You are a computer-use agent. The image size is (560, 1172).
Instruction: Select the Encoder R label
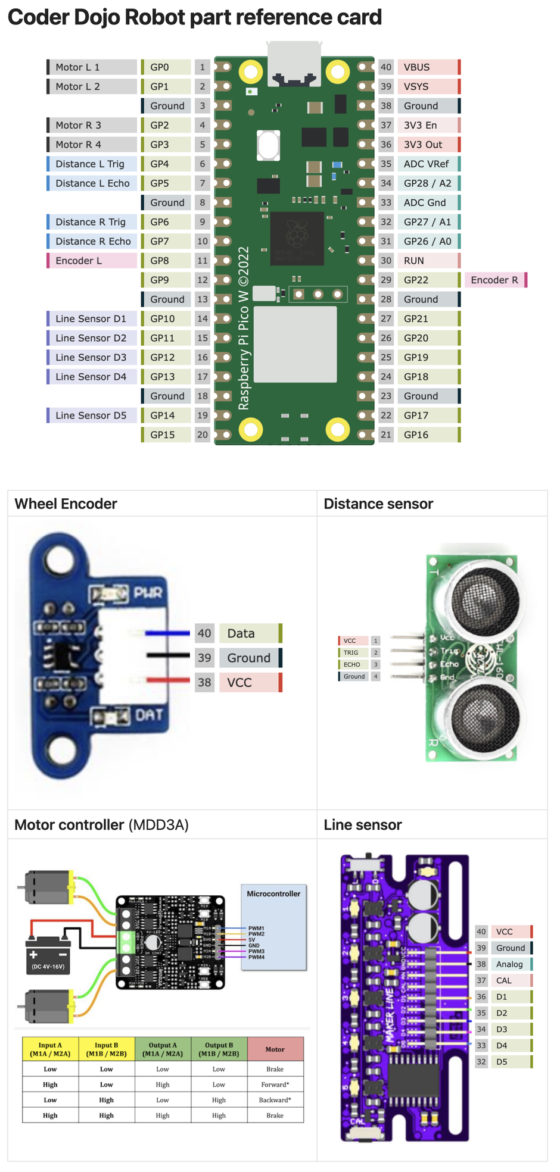point(495,280)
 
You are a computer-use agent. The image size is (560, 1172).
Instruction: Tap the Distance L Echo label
point(92,183)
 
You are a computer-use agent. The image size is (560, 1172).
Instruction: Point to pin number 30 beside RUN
point(386,261)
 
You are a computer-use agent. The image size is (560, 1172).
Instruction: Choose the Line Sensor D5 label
point(91,415)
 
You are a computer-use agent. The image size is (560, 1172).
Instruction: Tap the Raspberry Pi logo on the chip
point(297,233)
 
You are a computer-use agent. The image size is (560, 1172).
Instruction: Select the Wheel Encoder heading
point(66,504)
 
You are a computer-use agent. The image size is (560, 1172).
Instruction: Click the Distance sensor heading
point(378,504)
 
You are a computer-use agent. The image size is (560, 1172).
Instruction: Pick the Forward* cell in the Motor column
point(275,1085)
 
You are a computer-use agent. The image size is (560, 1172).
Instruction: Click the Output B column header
point(219,1049)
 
